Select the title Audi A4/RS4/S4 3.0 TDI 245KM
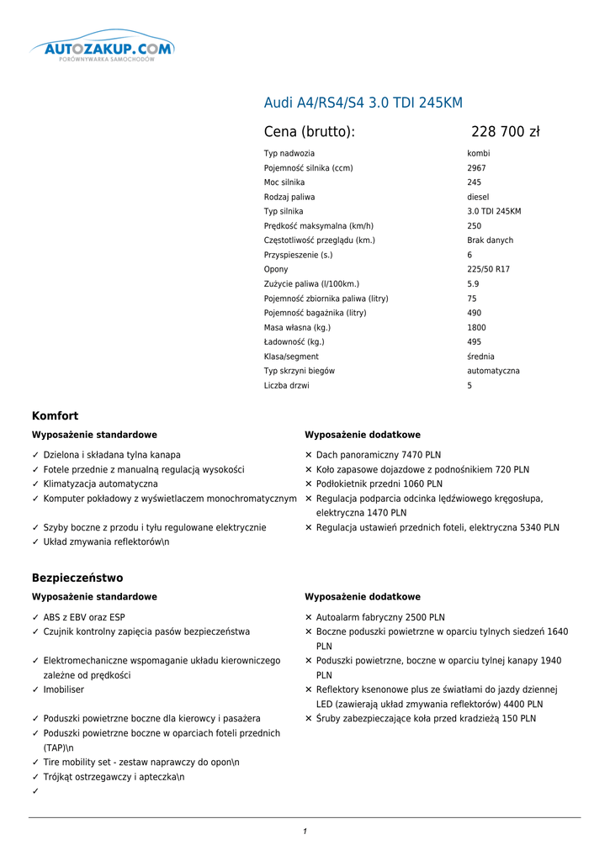tap(363, 103)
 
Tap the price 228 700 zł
tap(505, 132)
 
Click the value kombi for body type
tap(478, 154)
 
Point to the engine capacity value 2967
tap(476, 168)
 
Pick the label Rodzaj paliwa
tap(289, 197)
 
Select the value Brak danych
tap(490, 240)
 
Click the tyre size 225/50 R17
tap(488, 269)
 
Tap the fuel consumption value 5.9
tap(473, 284)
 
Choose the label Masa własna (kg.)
tap(297, 328)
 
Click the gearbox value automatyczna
tap(493, 371)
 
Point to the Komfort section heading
tap(55, 415)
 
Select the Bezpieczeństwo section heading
tap(77, 578)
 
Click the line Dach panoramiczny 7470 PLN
tap(379, 455)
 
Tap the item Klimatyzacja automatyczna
tap(100, 484)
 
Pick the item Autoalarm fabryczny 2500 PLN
tap(380, 617)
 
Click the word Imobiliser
tap(64, 689)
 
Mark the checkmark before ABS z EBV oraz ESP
tap(35, 617)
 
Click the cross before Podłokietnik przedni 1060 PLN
tap(309, 484)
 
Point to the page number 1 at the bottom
tap(305, 832)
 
